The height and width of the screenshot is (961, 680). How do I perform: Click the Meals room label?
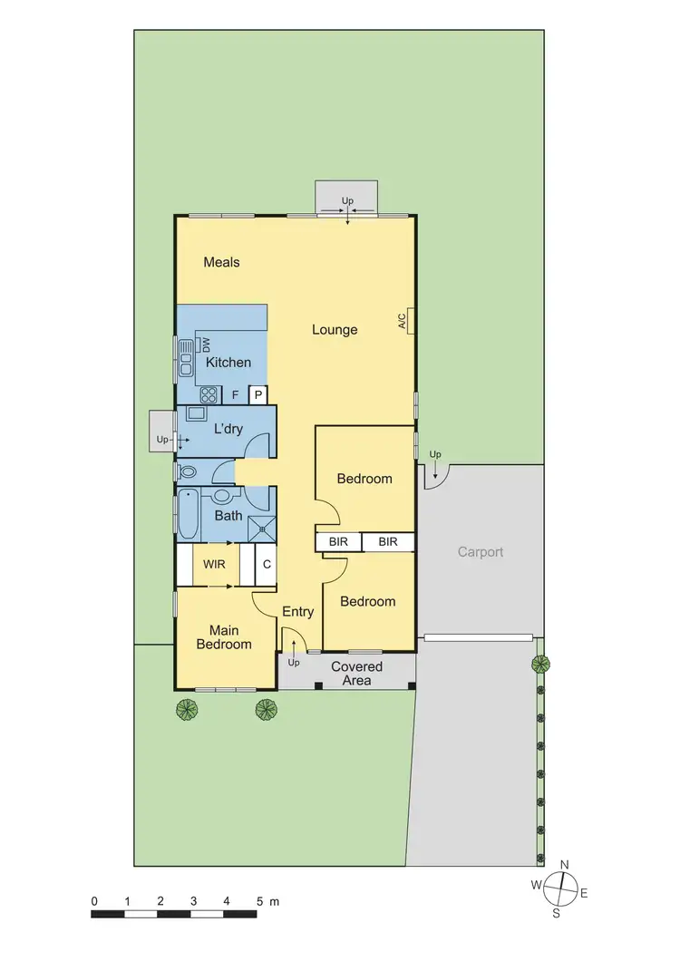(221, 262)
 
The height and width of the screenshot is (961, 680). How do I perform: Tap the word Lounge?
(335, 330)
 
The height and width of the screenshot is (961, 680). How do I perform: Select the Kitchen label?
(228, 363)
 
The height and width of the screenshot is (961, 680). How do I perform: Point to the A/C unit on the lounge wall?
(411, 321)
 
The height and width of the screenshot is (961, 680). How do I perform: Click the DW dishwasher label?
(205, 345)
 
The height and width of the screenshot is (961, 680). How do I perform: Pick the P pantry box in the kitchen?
(257, 394)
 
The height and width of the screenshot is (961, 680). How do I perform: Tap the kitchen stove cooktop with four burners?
(209, 394)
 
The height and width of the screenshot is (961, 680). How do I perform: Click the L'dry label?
(228, 429)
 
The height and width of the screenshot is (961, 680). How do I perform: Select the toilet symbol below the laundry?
(189, 472)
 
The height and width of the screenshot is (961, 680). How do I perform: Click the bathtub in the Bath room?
(189, 515)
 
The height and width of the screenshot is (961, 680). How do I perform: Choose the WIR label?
(214, 564)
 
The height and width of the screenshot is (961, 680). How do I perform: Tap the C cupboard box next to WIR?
(267, 564)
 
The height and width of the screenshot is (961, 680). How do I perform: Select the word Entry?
(297, 612)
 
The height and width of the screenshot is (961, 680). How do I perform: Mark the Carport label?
(480, 551)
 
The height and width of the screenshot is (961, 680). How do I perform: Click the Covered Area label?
(356, 673)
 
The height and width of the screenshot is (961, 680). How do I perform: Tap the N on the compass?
(564, 865)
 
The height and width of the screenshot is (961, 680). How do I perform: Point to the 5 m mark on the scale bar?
(263, 901)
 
